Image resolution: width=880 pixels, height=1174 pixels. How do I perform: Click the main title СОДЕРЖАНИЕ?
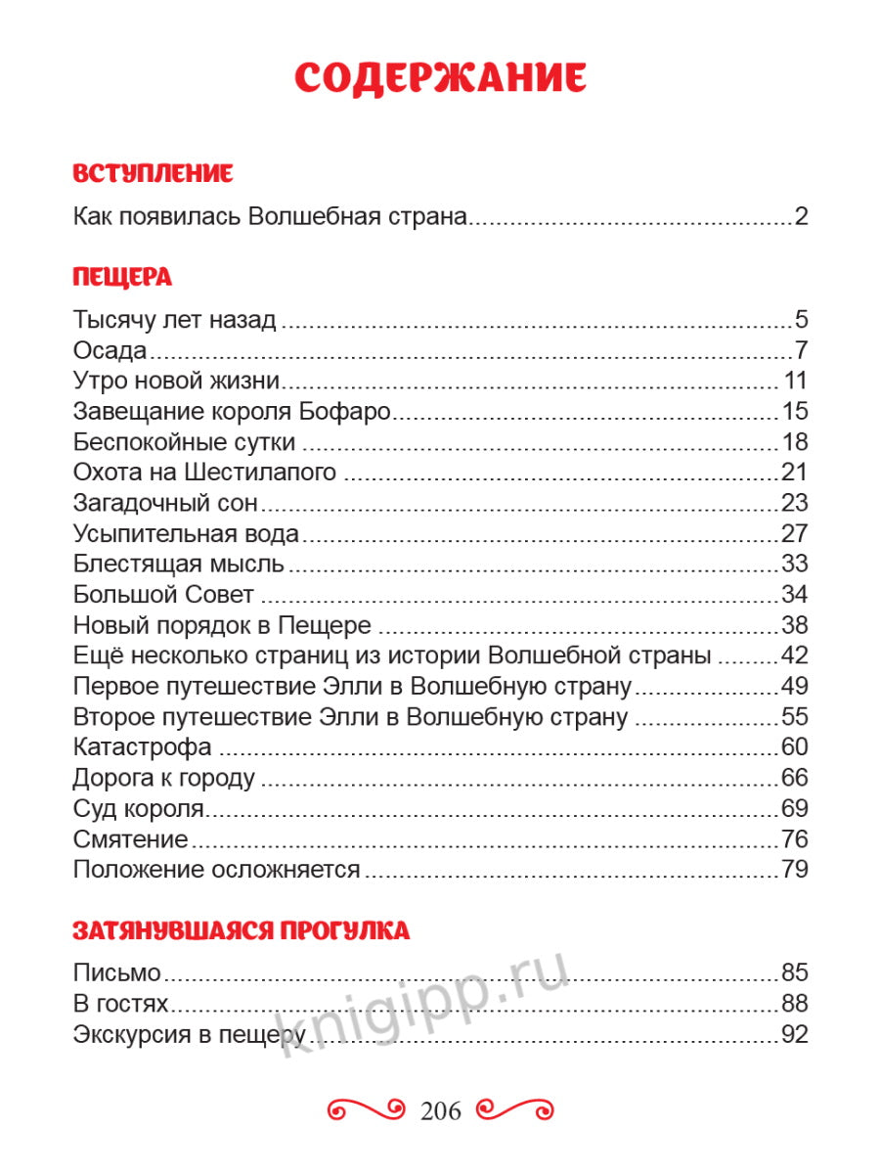coord(440,77)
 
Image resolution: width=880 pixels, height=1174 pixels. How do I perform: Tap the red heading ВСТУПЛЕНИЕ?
coord(154,174)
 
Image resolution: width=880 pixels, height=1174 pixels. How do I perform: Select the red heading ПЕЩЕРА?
coord(122,277)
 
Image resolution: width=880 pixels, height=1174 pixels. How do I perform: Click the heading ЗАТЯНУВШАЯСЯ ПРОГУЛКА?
coord(242,930)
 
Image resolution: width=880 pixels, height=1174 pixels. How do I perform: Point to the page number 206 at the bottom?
coord(440,1109)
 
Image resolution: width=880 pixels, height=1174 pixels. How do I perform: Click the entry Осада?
coord(110,350)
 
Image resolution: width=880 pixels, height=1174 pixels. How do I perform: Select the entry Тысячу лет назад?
coord(175,320)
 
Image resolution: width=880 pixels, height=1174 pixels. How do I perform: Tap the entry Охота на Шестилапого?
coord(204,472)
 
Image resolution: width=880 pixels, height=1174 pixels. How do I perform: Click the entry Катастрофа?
coord(143,746)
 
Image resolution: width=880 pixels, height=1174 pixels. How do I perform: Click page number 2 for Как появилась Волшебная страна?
coord(801,216)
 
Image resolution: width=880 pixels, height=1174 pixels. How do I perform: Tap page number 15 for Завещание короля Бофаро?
coord(794,411)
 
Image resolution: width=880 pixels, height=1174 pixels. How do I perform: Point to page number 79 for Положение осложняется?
coord(794,868)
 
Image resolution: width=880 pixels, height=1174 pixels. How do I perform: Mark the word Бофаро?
coord(349,411)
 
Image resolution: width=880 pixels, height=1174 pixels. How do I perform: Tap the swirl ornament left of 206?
coord(366,1109)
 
